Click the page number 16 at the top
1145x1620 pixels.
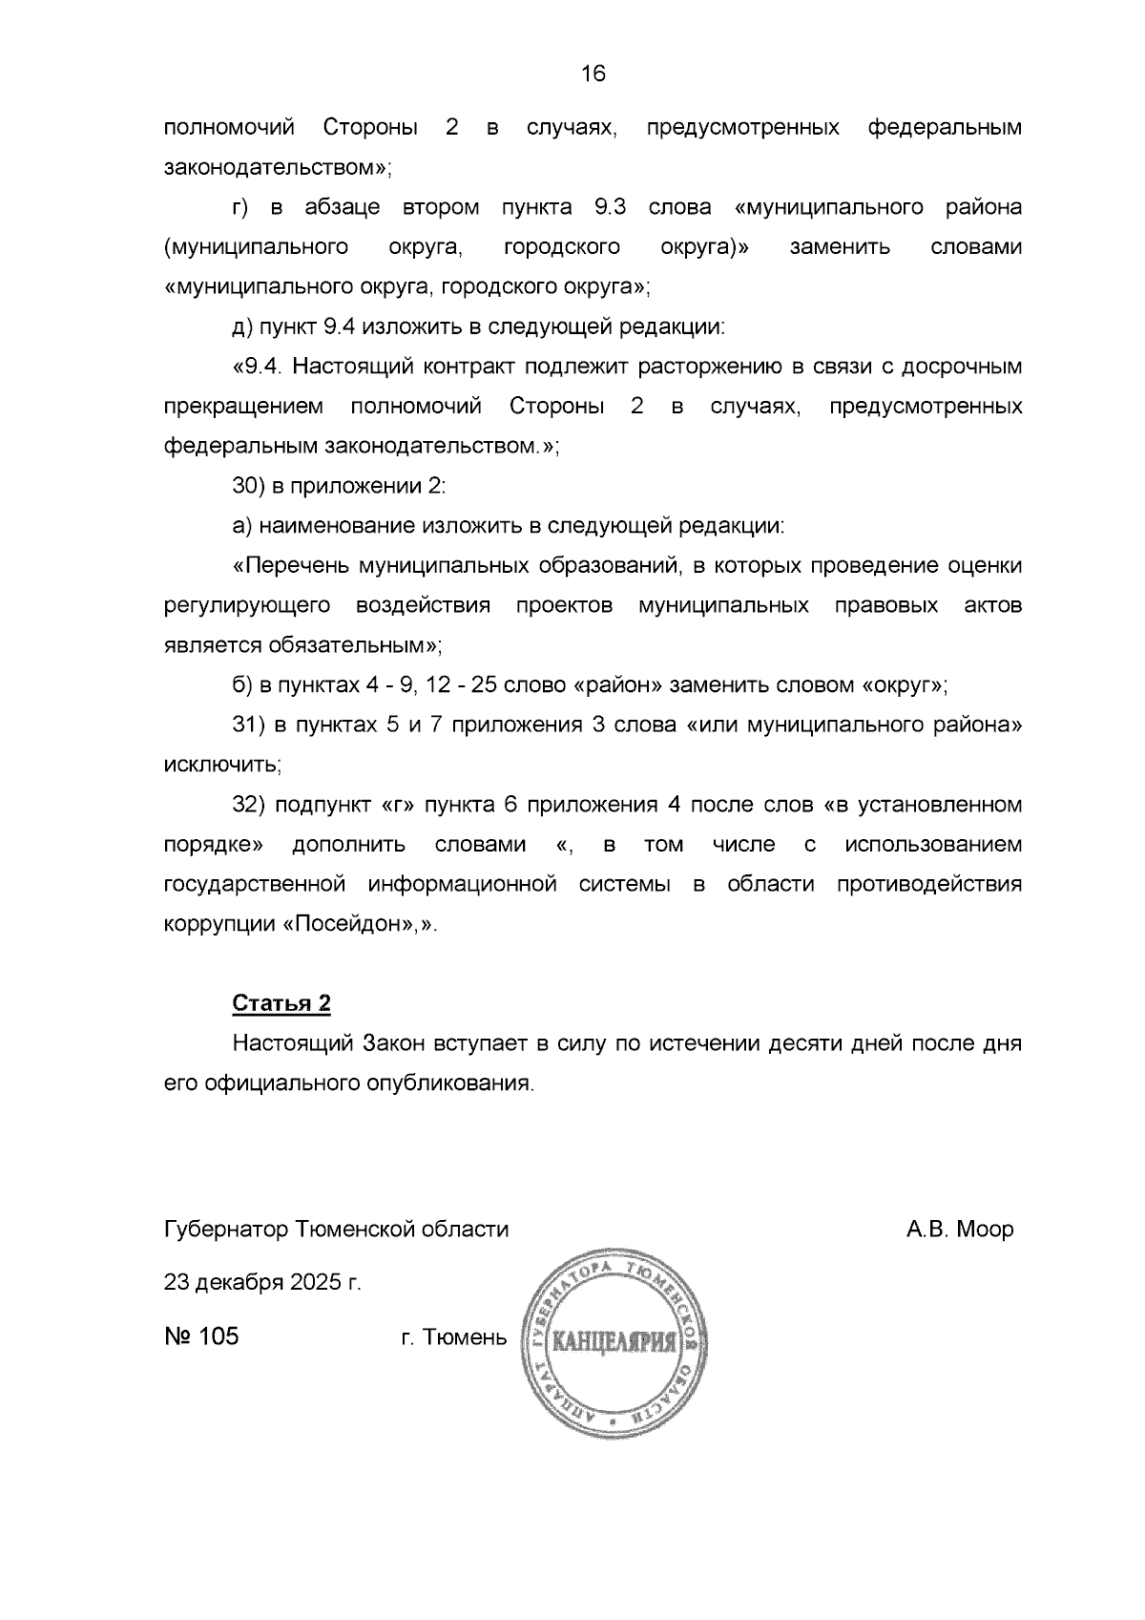click(593, 74)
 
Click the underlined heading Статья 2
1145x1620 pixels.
click(281, 1003)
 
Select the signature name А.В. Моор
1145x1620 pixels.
click(959, 1229)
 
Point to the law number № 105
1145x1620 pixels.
click(201, 1336)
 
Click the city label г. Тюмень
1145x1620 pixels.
click(454, 1336)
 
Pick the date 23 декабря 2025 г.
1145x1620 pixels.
click(262, 1282)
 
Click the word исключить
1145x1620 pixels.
click(222, 765)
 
